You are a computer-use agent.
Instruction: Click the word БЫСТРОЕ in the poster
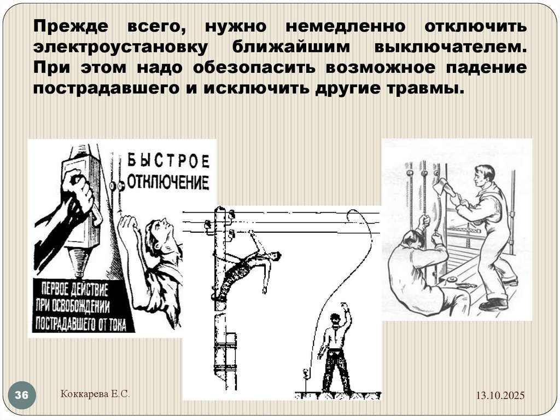168,161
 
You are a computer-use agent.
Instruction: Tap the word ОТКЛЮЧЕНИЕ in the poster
168,182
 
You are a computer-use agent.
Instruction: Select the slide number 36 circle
22,395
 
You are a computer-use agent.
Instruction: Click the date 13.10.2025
499,395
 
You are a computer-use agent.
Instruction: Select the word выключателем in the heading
451,47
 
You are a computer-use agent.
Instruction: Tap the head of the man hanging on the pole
275,256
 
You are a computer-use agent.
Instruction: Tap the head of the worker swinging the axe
485,174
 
